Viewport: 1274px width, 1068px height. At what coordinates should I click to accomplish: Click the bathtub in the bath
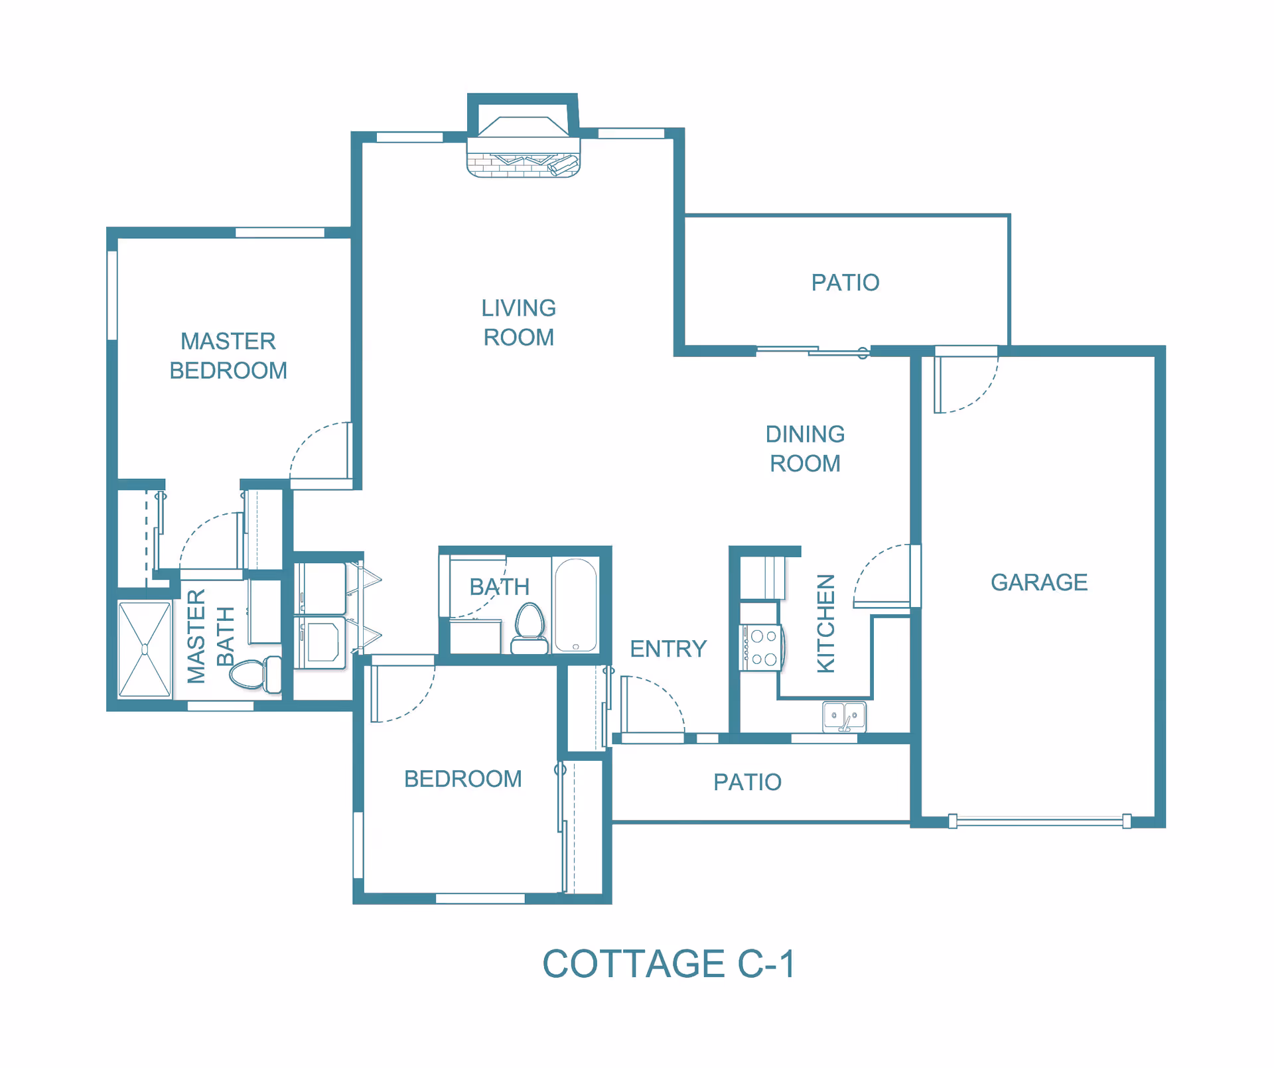(x=575, y=605)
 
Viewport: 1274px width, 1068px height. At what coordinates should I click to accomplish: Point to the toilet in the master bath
(x=256, y=673)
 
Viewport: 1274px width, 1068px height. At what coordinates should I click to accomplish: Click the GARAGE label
(x=1038, y=582)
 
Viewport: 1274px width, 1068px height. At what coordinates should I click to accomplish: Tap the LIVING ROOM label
(x=518, y=322)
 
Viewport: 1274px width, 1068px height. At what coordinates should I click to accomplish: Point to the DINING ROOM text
(x=805, y=448)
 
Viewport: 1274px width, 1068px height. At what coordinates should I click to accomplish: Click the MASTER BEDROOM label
(x=228, y=356)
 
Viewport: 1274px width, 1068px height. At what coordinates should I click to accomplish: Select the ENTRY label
(x=668, y=649)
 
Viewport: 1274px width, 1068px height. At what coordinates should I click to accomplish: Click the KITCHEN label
(x=825, y=624)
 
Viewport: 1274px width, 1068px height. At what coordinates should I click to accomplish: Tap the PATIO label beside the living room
(x=845, y=283)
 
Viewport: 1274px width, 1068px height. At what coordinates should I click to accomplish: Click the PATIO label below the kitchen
(x=747, y=782)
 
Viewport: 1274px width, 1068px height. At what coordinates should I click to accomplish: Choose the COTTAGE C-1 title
(x=669, y=964)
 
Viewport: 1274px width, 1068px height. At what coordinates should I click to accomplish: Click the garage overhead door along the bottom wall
(x=1039, y=821)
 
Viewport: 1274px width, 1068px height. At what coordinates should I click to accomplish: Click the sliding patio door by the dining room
(x=813, y=350)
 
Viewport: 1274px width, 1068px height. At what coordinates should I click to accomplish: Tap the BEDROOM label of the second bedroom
(x=462, y=779)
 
